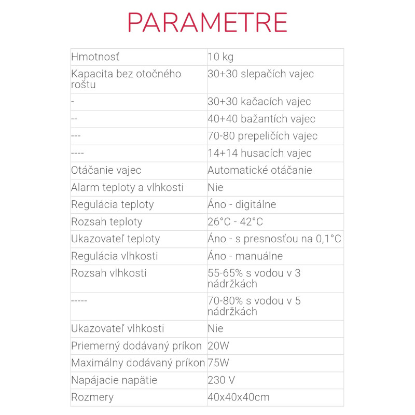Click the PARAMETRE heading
pyautogui.click(x=208, y=22)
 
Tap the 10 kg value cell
pyautogui.click(x=220, y=57)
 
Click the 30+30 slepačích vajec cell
pyautogui.click(x=260, y=74)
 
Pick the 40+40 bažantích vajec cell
pyautogui.click(x=261, y=119)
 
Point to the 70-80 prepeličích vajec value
pyautogui.click(x=262, y=136)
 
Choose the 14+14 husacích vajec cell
pyautogui.click(x=259, y=153)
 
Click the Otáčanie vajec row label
pyautogui.click(x=106, y=170)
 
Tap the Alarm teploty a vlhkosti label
pyautogui.click(x=127, y=187)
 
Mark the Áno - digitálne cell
pyautogui.click(x=242, y=204)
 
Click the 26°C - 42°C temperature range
pyautogui.click(x=235, y=222)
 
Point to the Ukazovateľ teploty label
pyautogui.click(x=115, y=239)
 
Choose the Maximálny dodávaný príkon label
pyautogui.click(x=138, y=363)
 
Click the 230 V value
pyautogui.click(x=221, y=380)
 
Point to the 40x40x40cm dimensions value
pyautogui.click(x=238, y=397)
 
